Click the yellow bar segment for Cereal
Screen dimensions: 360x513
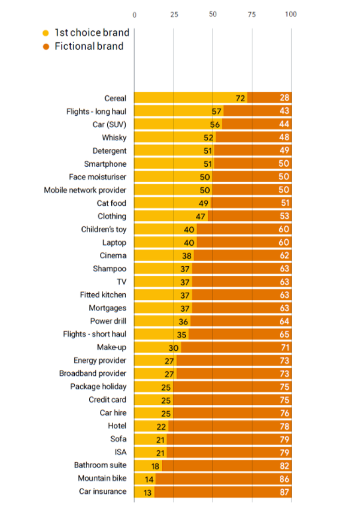[191, 98]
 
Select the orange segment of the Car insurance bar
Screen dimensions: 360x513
[223, 492]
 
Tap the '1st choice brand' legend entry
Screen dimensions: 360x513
[86, 32]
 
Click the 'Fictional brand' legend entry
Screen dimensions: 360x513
[83, 46]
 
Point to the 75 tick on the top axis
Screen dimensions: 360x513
[251, 15]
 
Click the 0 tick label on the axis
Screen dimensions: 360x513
[134, 15]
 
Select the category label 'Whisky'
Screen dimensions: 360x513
[114, 138]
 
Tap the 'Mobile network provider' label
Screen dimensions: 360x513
[85, 190]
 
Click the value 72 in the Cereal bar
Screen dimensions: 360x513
[240, 98]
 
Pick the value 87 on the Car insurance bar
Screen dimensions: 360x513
[285, 492]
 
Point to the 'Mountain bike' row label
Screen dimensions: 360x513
[102, 479]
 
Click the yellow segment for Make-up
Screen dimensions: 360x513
[157, 348]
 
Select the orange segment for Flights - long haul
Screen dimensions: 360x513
[257, 111]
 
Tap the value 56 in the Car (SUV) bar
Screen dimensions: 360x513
[215, 124]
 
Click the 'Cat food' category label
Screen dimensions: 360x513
[111, 203]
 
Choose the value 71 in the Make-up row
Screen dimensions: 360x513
[285, 348]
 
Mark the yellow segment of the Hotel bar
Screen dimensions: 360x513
[152, 426]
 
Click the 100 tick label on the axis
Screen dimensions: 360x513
[291, 14]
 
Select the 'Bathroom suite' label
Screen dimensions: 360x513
[100, 465]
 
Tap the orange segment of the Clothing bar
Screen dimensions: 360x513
[249, 216]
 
